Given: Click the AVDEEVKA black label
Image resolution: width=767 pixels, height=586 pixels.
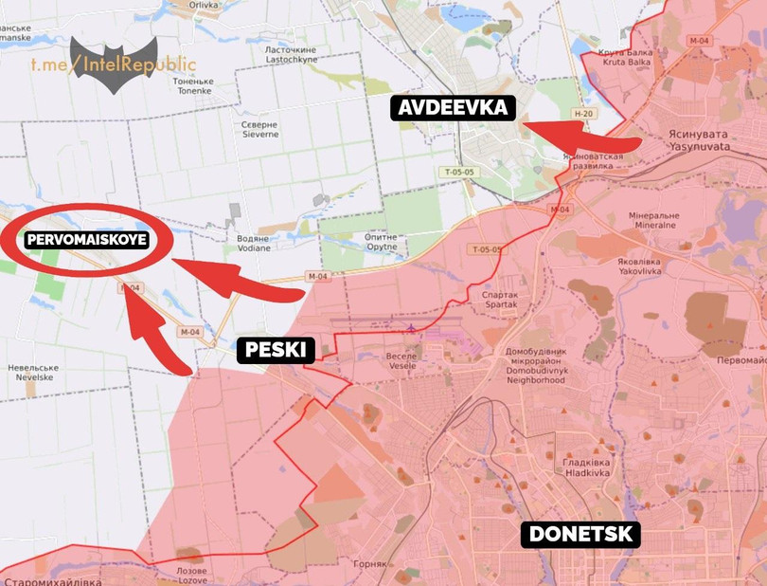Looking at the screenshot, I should (453, 107).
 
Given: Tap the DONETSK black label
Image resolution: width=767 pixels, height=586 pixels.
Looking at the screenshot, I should (580, 534).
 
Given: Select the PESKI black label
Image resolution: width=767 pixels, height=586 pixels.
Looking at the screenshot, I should (275, 351).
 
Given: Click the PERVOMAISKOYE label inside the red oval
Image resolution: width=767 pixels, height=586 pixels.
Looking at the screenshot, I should (86, 240).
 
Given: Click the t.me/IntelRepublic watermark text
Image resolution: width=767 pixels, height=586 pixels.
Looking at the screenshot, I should (112, 64).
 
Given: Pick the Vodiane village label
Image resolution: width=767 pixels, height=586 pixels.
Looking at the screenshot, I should (252, 243).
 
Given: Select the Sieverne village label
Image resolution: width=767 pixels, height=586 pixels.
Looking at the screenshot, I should (259, 130).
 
